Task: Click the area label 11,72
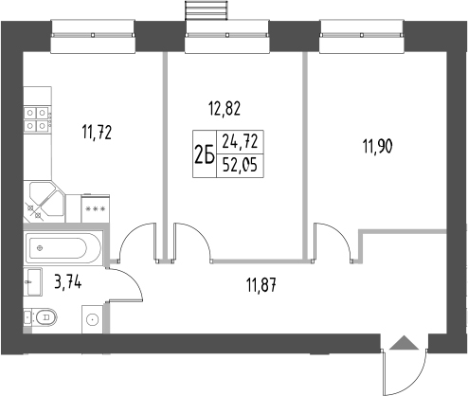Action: click(98, 133)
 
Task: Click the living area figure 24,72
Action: click(241, 143)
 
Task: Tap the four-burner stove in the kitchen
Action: click(37, 115)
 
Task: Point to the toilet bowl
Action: click(42, 318)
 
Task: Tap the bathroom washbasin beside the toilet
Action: click(33, 279)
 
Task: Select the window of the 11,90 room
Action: click(365, 39)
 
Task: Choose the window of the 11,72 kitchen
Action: click(91, 39)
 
